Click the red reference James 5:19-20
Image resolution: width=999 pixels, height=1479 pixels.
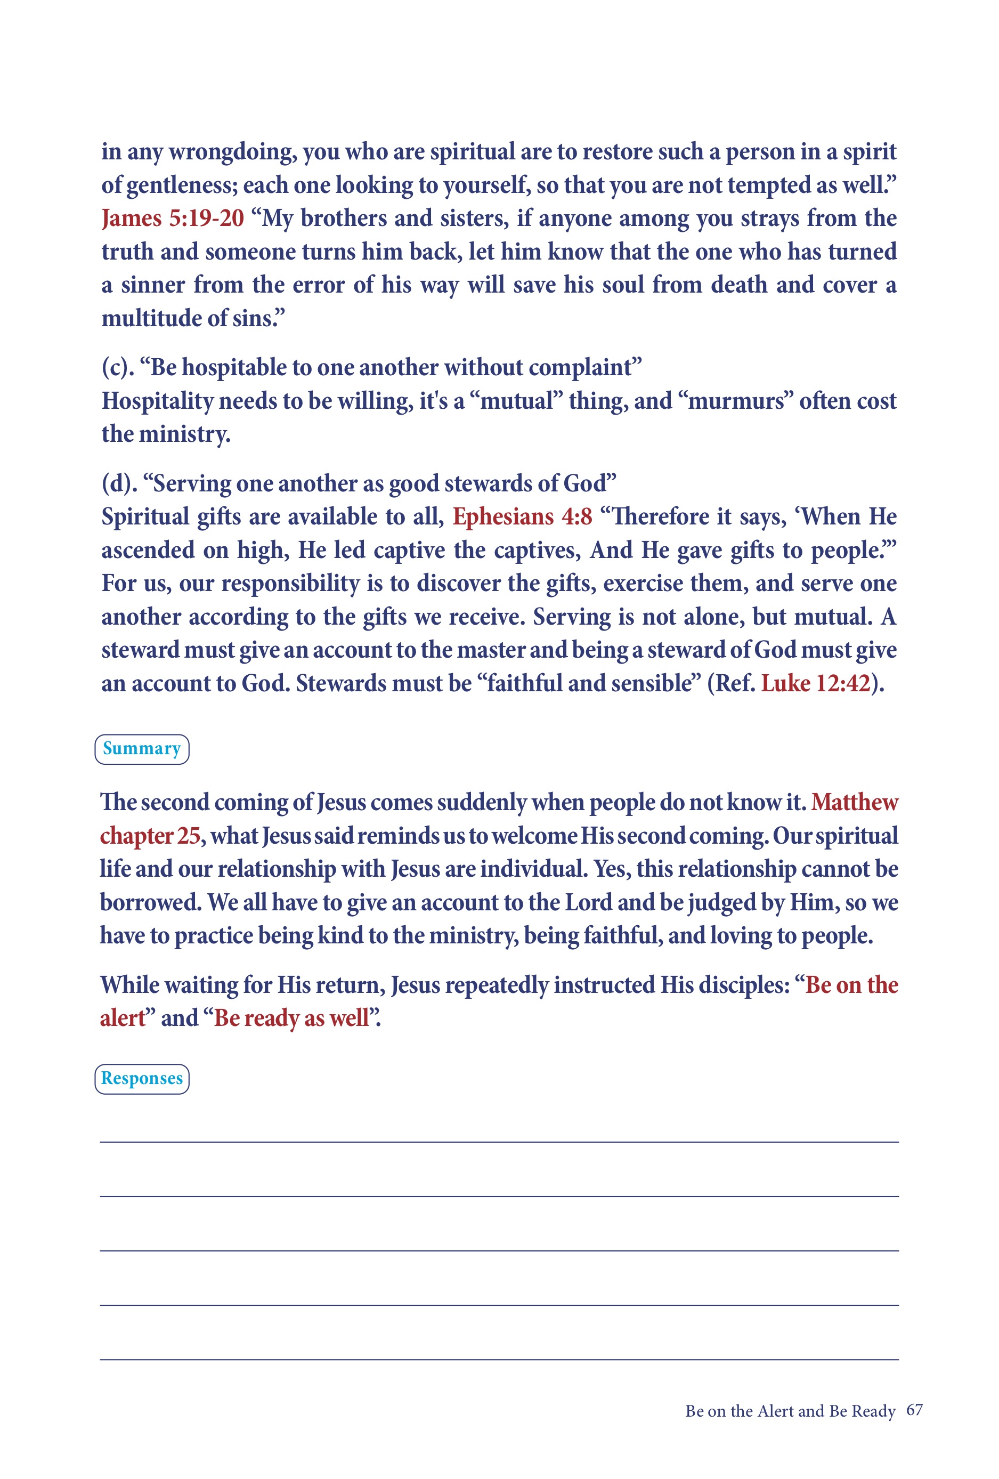coord(173,219)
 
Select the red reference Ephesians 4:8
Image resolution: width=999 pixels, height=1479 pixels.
coord(522,517)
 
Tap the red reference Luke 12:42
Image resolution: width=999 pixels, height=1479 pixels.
coord(815,683)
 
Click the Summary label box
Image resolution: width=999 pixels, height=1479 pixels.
coord(142,749)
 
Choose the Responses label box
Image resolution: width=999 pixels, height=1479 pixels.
coord(142,1079)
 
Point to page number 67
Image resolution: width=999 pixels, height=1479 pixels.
coord(914,1410)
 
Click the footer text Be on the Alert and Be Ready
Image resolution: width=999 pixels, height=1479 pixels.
coord(790,1411)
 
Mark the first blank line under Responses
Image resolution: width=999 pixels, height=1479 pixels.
coord(499,1142)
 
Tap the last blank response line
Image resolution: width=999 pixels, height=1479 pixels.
coord(499,1360)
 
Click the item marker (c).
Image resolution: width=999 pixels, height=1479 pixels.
coord(118,368)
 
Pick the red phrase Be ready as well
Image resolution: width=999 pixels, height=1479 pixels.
coord(291,1018)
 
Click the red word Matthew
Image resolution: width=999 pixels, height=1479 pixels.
coord(855,803)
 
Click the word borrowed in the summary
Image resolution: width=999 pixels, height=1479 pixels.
coord(150,902)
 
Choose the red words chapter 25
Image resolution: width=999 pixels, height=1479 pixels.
coord(150,836)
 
